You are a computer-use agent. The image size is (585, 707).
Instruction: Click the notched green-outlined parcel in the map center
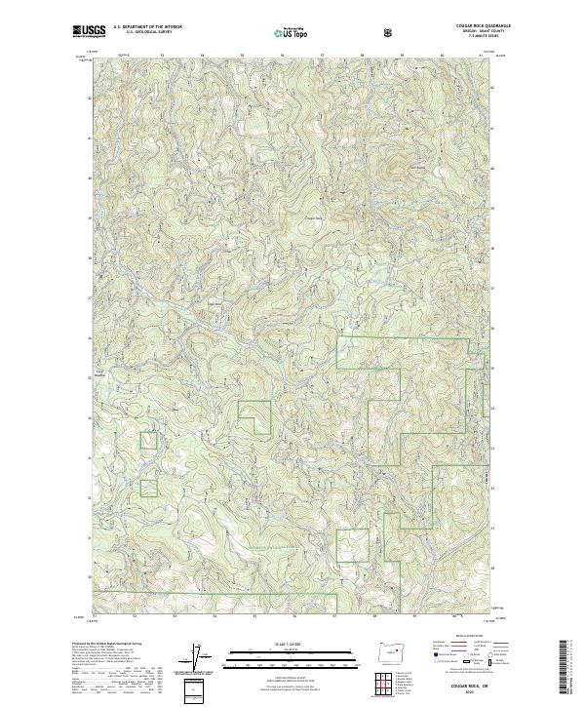click(254, 417)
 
